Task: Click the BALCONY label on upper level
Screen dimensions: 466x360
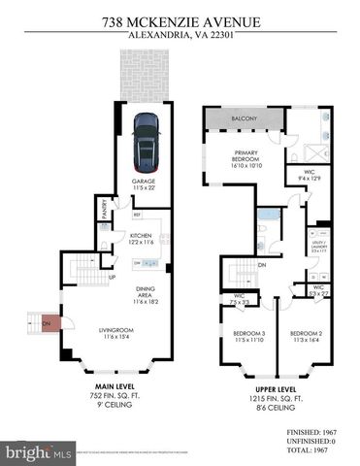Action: point(243,119)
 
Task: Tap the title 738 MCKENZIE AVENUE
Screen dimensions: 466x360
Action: point(180,18)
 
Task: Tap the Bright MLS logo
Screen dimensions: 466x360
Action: point(39,452)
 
